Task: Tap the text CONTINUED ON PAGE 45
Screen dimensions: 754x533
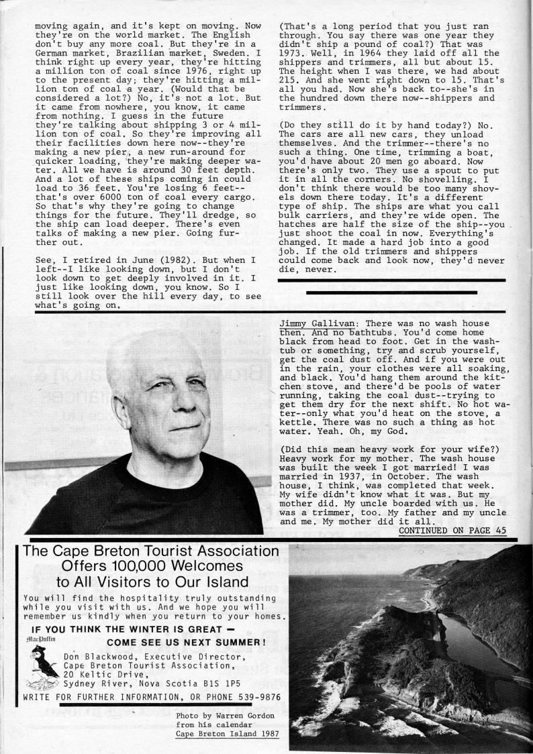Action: (x=452, y=530)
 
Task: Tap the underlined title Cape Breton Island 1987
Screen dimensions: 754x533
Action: (x=228, y=733)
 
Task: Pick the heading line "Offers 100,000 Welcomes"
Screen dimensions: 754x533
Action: (x=151, y=566)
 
